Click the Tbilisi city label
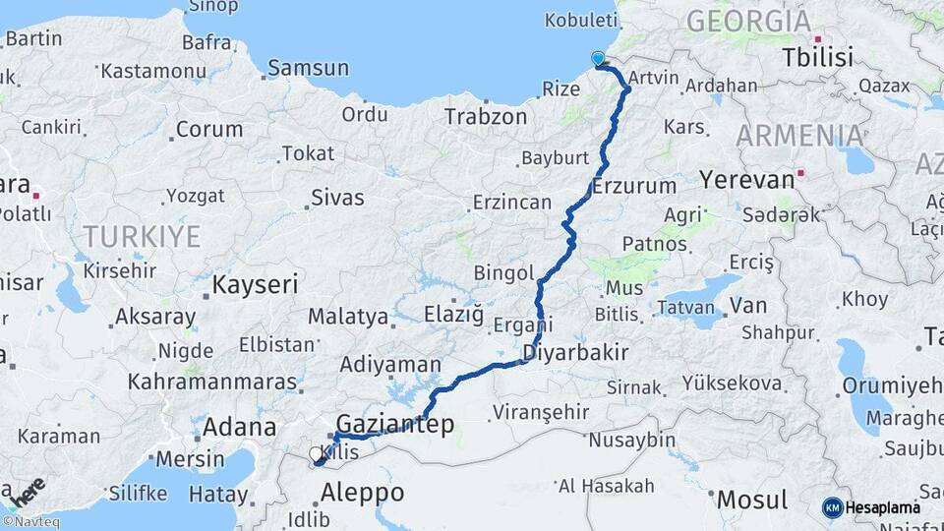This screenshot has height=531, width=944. click(x=817, y=58)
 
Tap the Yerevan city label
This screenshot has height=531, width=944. click(x=746, y=180)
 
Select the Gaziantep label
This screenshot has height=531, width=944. click(x=395, y=425)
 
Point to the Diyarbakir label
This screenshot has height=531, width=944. click(x=575, y=353)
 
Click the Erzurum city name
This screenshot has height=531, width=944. click(x=634, y=186)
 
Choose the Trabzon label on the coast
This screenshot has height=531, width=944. click(x=486, y=117)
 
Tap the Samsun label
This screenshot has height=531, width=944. click(x=308, y=68)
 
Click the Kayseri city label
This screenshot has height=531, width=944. click(x=255, y=285)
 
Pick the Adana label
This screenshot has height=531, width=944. click(x=239, y=428)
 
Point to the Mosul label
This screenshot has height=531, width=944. click(x=752, y=500)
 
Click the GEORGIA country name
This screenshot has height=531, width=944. click(x=748, y=21)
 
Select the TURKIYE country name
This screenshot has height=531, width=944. click(x=142, y=236)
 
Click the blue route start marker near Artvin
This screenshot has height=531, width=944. click(x=598, y=59)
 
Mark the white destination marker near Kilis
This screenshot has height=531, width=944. click(x=316, y=453)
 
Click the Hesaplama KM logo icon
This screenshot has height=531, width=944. click(x=832, y=507)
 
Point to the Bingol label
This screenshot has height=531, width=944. click(x=503, y=272)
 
